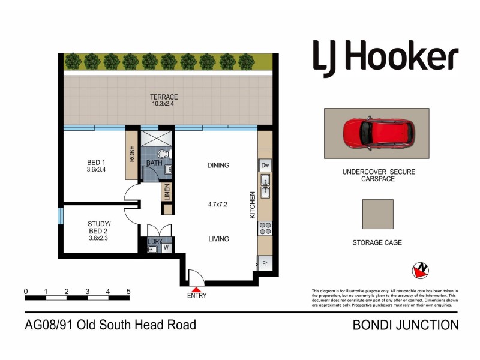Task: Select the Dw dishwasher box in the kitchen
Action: (265, 165)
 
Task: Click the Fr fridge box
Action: (264, 263)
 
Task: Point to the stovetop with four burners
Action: (265, 229)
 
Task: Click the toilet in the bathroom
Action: (169, 154)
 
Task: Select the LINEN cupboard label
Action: (167, 193)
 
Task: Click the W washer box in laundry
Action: (165, 247)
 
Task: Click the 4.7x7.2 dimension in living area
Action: (218, 203)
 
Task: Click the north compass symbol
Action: (421, 271)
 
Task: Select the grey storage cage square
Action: (378, 214)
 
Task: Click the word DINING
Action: (218, 166)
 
